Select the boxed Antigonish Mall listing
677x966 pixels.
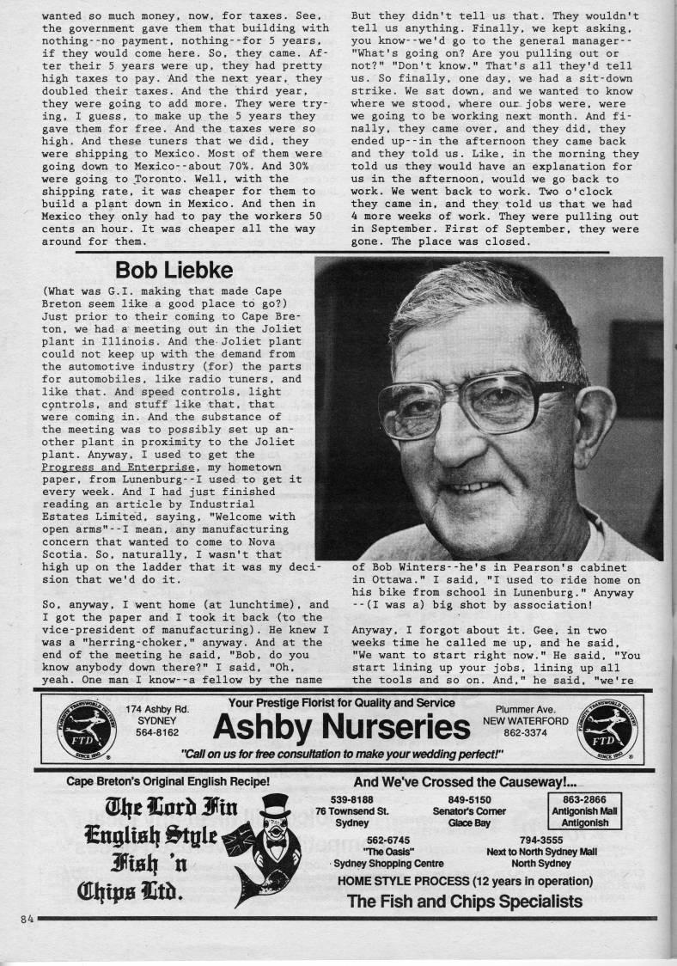pos(584,810)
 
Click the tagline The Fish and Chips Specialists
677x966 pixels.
pos(464,902)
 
